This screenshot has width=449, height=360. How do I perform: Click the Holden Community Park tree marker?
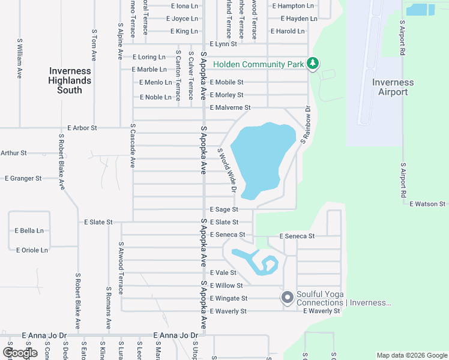click(x=312, y=63)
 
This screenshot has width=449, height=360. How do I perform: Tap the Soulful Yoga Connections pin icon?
click(x=288, y=297)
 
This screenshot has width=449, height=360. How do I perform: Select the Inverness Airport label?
click(x=393, y=87)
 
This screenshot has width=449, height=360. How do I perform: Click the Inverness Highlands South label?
click(x=70, y=80)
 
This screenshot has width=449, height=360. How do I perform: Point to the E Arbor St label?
click(x=82, y=128)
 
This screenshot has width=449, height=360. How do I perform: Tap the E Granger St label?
click(x=23, y=178)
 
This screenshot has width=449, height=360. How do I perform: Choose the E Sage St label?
click(x=224, y=209)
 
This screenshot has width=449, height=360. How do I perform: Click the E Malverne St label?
click(x=230, y=107)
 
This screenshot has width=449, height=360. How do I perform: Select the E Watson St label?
click(x=427, y=204)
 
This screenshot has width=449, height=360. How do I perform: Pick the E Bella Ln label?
click(x=29, y=230)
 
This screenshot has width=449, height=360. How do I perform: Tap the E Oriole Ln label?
click(x=31, y=250)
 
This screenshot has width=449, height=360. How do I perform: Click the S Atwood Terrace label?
click(x=121, y=271)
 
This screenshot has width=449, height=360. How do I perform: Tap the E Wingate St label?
click(x=228, y=298)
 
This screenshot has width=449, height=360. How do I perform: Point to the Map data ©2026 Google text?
click(x=411, y=355)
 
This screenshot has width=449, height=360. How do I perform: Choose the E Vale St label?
click(x=224, y=272)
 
